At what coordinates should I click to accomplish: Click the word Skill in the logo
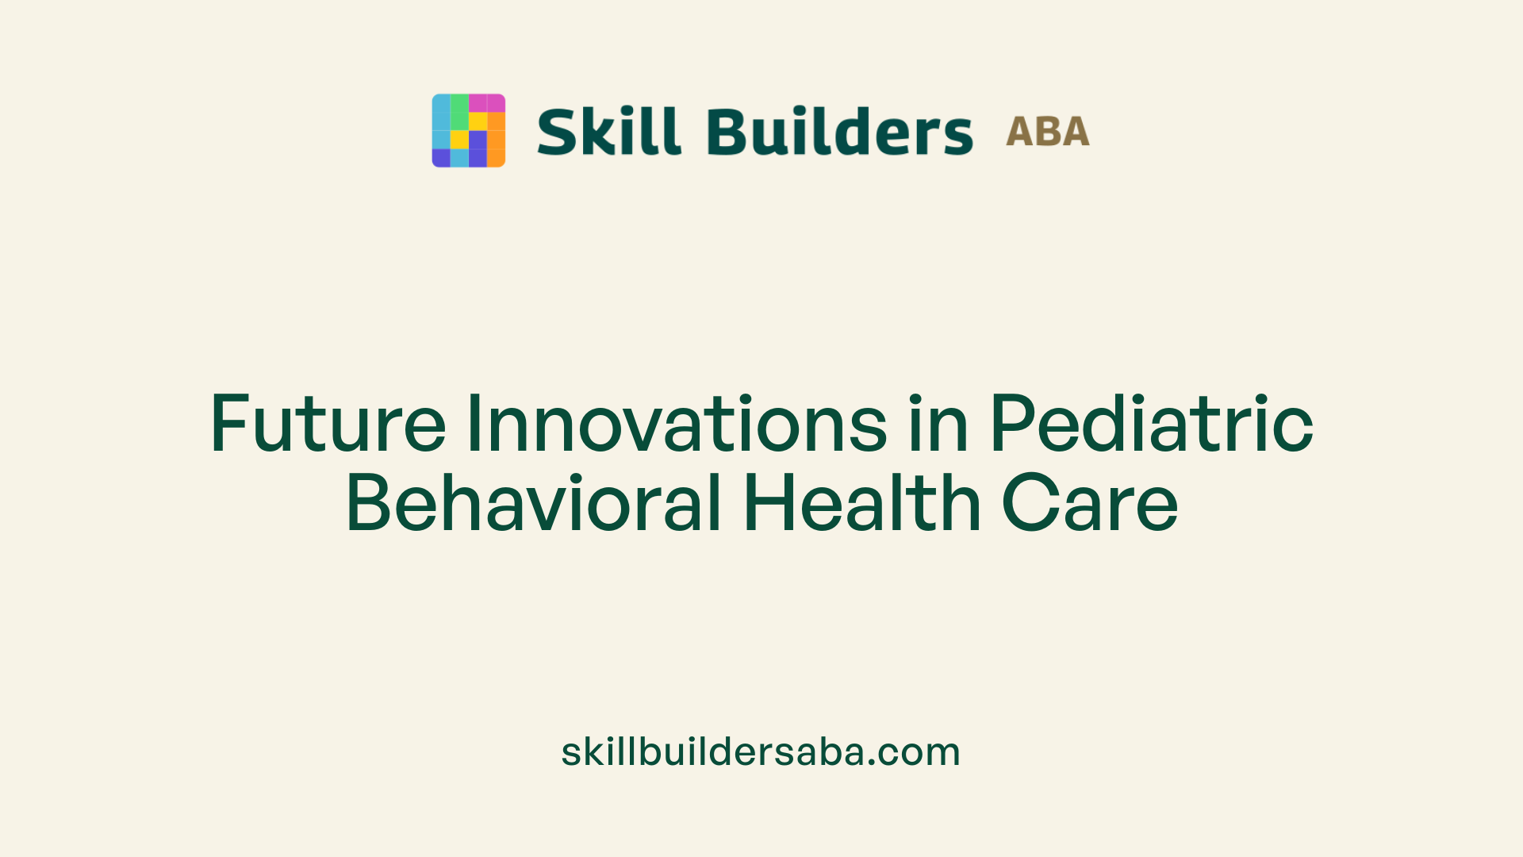(608, 132)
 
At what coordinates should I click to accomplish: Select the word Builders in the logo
(839, 132)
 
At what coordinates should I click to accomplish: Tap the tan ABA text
(1047, 132)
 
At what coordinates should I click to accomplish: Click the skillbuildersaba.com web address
(761, 751)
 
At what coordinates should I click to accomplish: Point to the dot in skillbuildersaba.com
(872, 763)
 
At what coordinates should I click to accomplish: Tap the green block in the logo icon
(459, 112)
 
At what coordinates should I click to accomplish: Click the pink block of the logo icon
(486, 103)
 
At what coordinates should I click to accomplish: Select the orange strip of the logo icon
(496, 140)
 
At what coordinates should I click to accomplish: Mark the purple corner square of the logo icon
(441, 158)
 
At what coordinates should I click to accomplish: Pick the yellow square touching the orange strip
(478, 121)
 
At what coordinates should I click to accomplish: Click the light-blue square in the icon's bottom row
(459, 158)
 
